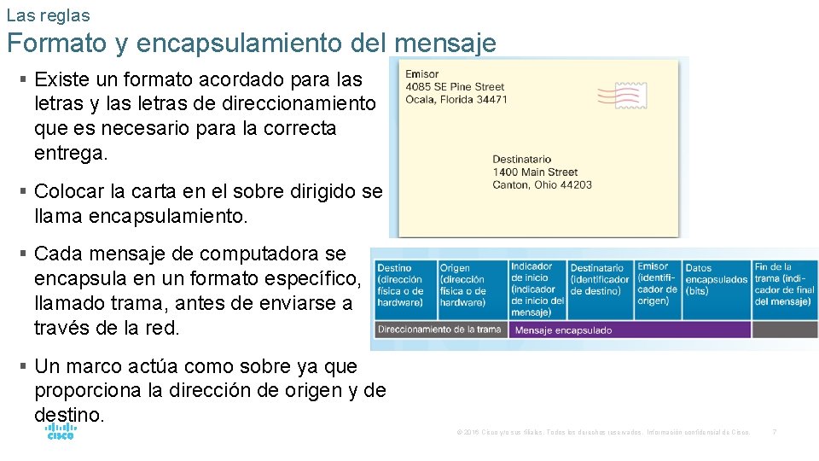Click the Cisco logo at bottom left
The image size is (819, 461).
tap(61, 430)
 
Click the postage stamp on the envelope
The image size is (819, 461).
tap(622, 95)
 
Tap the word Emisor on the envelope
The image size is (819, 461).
tap(422, 74)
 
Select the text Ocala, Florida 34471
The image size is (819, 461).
tap(456, 99)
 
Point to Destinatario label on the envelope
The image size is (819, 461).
tap(521, 160)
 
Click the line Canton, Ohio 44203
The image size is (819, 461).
tap(542, 184)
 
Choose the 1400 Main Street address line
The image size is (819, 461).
tap(535, 172)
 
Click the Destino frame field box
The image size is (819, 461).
tap(405, 289)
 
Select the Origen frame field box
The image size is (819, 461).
tap(472, 289)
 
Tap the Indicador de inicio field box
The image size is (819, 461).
tap(537, 289)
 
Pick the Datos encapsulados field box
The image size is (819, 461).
tap(717, 289)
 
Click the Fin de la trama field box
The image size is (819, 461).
tap(784, 289)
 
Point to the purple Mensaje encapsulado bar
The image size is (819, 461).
tap(630, 330)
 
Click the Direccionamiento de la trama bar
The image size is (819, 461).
tap(439, 330)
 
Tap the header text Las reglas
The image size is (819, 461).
tap(48, 15)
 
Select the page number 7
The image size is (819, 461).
tap(774, 432)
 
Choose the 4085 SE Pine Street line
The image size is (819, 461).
tap(455, 87)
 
